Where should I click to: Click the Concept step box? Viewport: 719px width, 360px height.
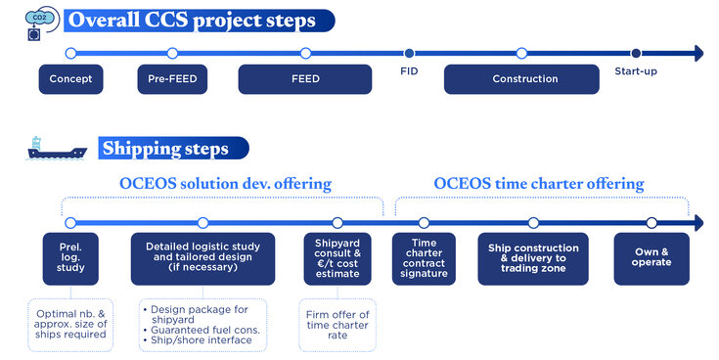coord(70,79)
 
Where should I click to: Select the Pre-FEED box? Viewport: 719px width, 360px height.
coord(172,79)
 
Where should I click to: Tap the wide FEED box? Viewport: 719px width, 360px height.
coord(305,79)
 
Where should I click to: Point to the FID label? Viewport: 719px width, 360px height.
coord(409,71)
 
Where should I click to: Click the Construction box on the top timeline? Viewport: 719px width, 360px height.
coord(524,79)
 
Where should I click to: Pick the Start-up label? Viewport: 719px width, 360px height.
coord(635,71)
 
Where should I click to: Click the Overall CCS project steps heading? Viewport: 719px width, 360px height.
coord(204,21)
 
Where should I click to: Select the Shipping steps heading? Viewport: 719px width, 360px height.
coord(166,149)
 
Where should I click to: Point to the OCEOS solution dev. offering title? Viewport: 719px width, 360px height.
coord(225,184)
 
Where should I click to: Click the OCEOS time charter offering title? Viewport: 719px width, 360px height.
coord(538,184)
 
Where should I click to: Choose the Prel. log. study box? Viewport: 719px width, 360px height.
coord(70,258)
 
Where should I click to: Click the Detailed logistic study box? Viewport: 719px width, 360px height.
coord(202,258)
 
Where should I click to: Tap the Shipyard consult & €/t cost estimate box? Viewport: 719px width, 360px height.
coord(337,258)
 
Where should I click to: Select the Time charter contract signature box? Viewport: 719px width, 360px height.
coord(424,258)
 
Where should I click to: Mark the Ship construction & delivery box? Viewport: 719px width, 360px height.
coord(533,258)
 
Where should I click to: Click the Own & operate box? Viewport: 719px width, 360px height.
coord(652,258)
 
